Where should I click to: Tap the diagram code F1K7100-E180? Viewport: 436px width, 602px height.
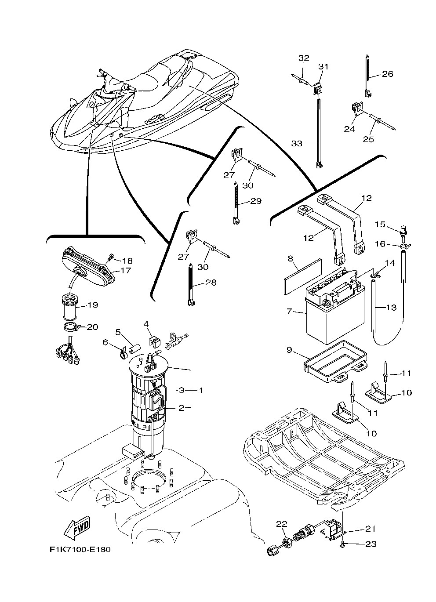tap(80, 550)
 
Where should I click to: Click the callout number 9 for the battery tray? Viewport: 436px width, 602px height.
tap(289, 350)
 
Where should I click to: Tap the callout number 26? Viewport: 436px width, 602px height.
tap(387, 74)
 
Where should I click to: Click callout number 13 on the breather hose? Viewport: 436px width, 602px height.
tap(391, 307)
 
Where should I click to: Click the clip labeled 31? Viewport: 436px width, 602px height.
tap(319, 88)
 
